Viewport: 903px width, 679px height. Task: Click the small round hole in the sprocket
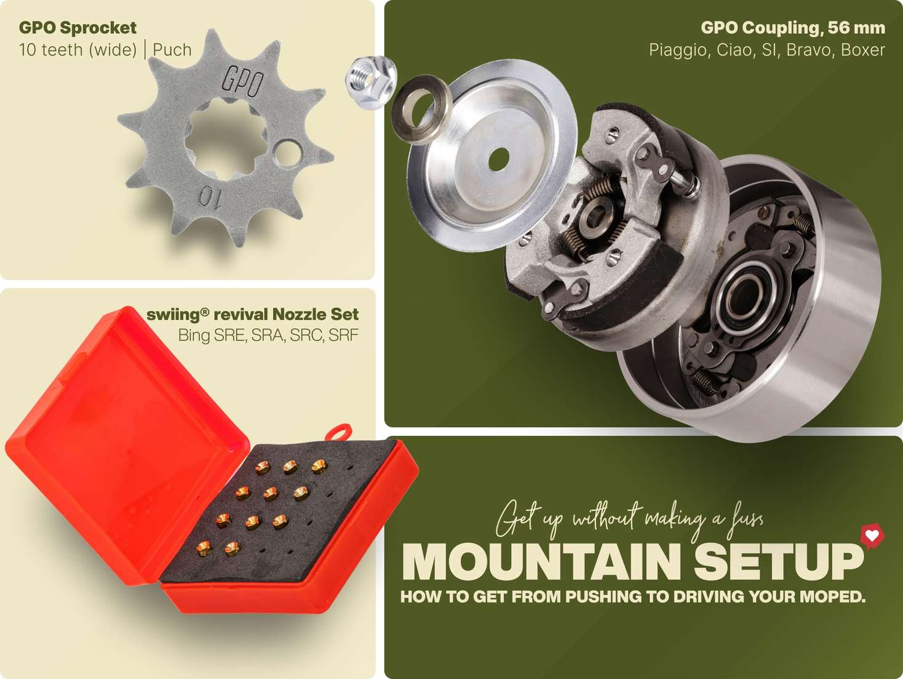(x=288, y=153)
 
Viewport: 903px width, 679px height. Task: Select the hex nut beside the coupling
(x=370, y=82)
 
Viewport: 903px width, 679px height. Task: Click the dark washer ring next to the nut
(x=421, y=109)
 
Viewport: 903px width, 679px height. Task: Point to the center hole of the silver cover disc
(x=499, y=159)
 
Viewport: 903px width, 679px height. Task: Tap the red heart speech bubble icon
(x=872, y=536)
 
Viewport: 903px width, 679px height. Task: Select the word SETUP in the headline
(x=779, y=561)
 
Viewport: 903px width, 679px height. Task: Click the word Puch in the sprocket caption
(x=172, y=50)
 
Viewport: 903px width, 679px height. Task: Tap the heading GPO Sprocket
(x=78, y=28)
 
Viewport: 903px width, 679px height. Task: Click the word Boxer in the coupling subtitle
(x=862, y=50)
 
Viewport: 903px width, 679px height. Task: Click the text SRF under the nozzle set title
(x=343, y=335)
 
